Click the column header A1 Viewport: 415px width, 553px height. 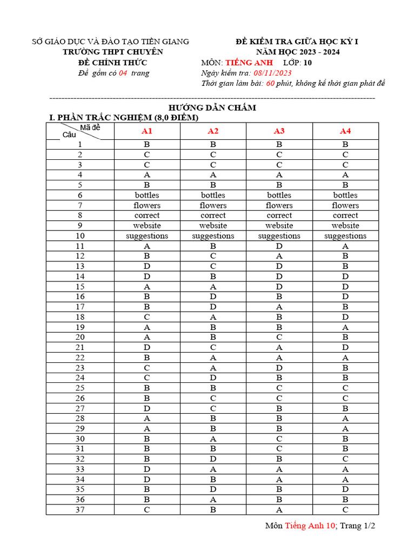coord(147,131)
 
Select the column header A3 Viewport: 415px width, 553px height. coord(279,131)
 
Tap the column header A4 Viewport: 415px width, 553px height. coord(345,131)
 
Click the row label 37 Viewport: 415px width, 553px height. coord(80,509)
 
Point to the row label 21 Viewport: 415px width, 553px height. coord(80,347)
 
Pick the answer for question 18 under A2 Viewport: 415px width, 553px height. coord(213,317)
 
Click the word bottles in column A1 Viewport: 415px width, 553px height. coord(147,195)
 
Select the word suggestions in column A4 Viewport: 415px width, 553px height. coord(345,236)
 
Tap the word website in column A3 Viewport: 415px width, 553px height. coord(279,226)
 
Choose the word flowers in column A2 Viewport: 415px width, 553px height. coord(213,205)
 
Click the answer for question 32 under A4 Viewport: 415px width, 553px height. coord(345,459)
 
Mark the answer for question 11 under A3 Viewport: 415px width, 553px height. coord(279,246)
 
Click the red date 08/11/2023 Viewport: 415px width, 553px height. coord(272,73)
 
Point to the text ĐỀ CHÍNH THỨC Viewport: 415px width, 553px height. coord(112,63)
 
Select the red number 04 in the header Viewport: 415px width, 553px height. coord(123,73)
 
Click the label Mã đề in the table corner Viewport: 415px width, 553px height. coord(90,127)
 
